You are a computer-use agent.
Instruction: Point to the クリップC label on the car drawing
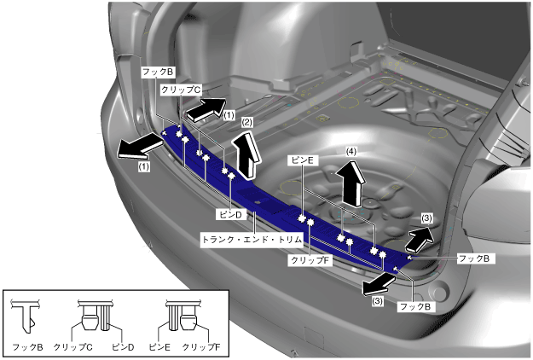180,89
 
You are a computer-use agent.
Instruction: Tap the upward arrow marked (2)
247,155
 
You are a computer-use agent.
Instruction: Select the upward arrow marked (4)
351,181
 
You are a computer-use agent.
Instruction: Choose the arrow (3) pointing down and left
374,282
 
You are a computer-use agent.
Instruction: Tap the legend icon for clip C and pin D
96,316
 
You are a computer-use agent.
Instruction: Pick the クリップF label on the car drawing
310,259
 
